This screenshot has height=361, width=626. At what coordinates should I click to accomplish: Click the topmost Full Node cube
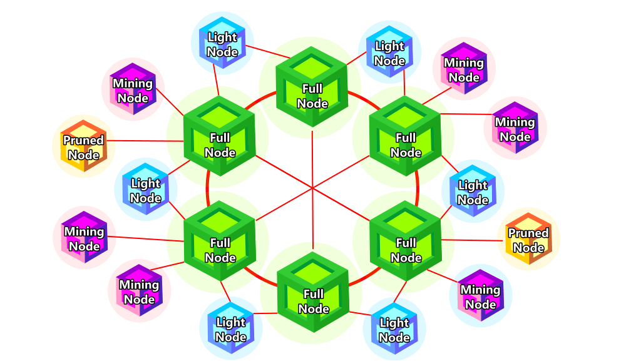click(312, 86)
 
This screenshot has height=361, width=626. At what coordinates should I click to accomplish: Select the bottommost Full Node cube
click(313, 292)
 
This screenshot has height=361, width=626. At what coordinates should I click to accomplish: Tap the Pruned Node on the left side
click(84, 146)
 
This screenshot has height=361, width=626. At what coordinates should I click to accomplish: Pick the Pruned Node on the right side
click(528, 238)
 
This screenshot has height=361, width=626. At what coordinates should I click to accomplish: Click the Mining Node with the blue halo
click(481, 295)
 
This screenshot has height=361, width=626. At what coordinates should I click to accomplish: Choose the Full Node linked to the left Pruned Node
click(219, 136)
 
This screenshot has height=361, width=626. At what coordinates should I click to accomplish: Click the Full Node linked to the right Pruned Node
click(406, 240)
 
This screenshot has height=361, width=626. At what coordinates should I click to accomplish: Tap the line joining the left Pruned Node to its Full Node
click(145, 141)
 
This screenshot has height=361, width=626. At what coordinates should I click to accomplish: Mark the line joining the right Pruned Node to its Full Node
click(472, 240)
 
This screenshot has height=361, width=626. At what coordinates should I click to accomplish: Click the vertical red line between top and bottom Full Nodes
click(312, 189)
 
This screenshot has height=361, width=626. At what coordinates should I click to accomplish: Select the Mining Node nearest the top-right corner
click(464, 68)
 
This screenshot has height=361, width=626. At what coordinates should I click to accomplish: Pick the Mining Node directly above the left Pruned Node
click(133, 89)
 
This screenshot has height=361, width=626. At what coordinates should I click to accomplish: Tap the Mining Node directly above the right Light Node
click(515, 128)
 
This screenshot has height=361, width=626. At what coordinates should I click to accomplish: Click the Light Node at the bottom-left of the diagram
click(231, 328)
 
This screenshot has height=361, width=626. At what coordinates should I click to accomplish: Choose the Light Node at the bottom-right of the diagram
click(394, 328)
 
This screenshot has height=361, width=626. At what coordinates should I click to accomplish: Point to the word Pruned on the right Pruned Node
click(528, 233)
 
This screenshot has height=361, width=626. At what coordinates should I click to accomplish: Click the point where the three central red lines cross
click(312, 188)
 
